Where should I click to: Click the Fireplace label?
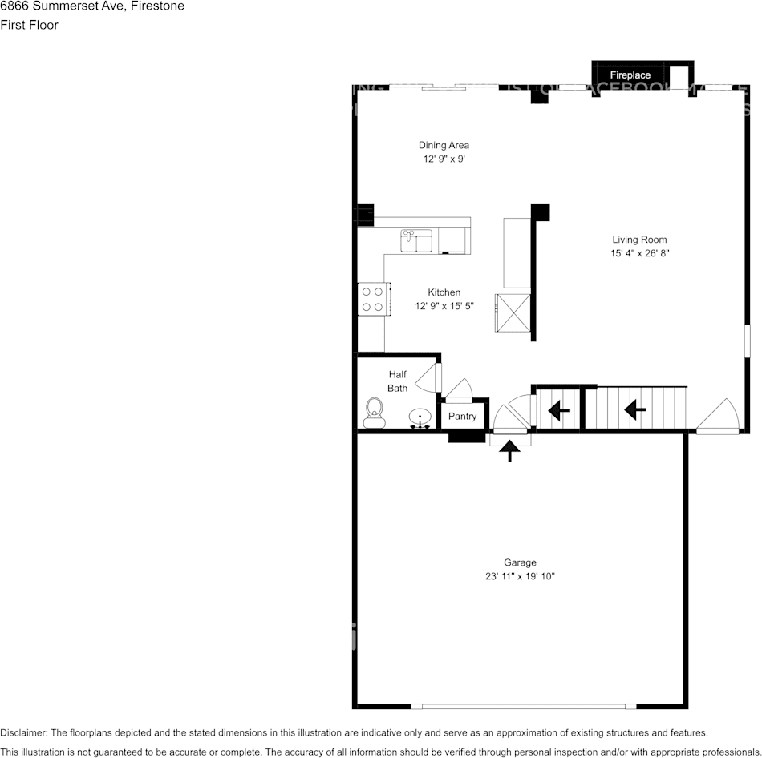pyautogui.click(x=630, y=75)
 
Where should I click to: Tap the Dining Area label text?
pyautogui.click(x=444, y=145)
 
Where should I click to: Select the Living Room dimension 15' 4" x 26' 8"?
pyautogui.click(x=639, y=253)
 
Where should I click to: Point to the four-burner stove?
pyautogui.click(x=372, y=299)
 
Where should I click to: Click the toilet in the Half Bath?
pyautogui.click(x=373, y=413)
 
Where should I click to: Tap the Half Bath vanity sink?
pyautogui.click(x=420, y=418)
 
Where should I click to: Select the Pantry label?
pyautogui.click(x=462, y=416)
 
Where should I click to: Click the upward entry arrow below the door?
pyautogui.click(x=509, y=451)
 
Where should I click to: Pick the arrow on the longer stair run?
pyautogui.click(x=635, y=410)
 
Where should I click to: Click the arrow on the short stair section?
pyautogui.click(x=558, y=411)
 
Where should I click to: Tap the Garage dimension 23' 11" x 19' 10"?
pyautogui.click(x=520, y=576)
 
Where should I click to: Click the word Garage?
pyautogui.click(x=520, y=562)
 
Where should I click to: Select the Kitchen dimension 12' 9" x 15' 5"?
pyautogui.click(x=444, y=306)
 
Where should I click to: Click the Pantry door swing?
pyautogui.click(x=460, y=389)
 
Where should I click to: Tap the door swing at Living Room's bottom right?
pyautogui.click(x=719, y=416)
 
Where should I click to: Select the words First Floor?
pyautogui.click(x=29, y=25)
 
